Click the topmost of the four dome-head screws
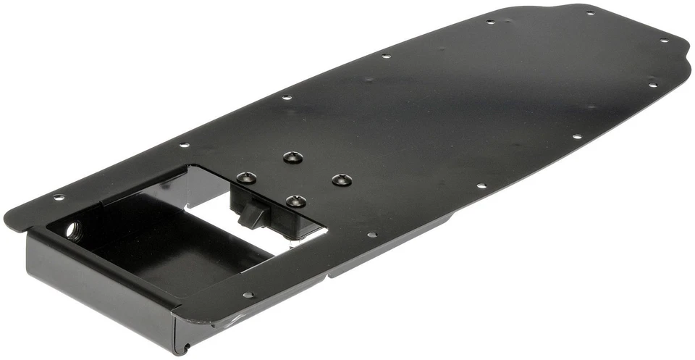click(291, 156)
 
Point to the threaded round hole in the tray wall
click(73, 230)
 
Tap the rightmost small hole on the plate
click(664, 40)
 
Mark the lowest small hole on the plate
click(248, 295)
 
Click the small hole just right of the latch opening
click(371, 234)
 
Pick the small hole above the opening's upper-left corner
click(185, 145)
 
